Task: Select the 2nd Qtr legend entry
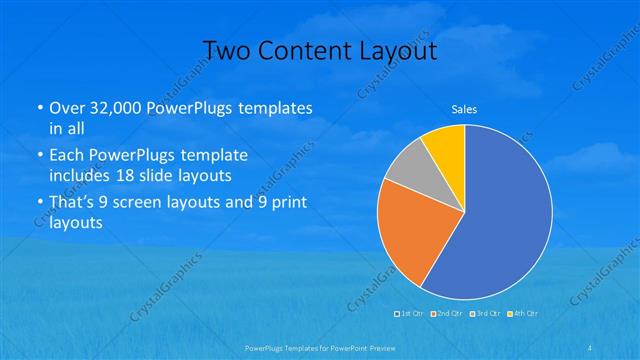446,314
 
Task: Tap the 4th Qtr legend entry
522,314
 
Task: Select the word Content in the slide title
300,50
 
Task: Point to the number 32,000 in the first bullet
119,108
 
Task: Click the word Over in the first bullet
67,108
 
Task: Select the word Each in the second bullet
67,156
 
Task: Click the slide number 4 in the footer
593,346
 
